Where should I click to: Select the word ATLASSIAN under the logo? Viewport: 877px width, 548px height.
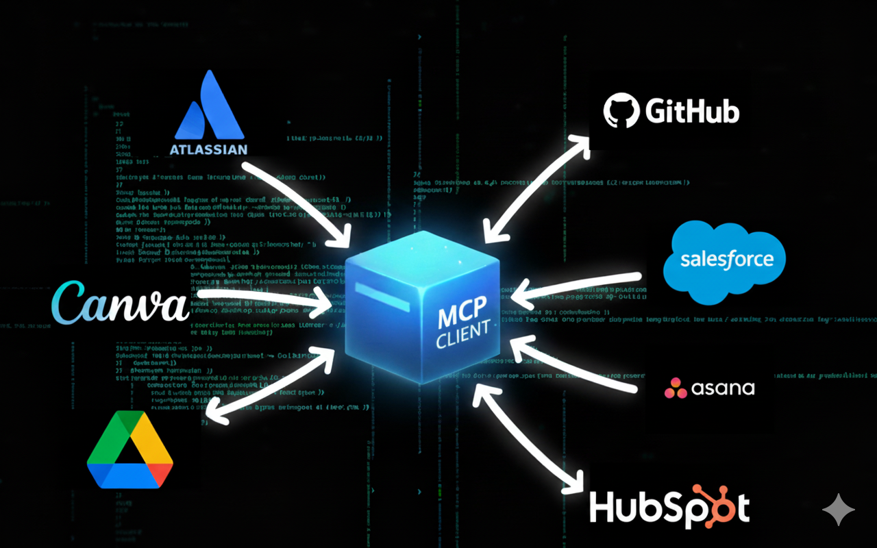[x=209, y=149]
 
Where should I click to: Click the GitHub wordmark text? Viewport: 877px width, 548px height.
[x=692, y=111]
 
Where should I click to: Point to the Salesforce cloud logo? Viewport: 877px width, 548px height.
[x=725, y=260]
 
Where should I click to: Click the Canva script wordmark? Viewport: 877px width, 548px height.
[x=121, y=301]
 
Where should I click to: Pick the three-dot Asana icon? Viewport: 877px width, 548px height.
[x=676, y=388]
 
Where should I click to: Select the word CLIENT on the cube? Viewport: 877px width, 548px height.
[x=463, y=337]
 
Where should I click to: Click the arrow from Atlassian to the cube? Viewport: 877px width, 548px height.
[x=295, y=199]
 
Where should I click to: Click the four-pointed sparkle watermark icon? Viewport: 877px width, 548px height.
[x=839, y=510]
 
